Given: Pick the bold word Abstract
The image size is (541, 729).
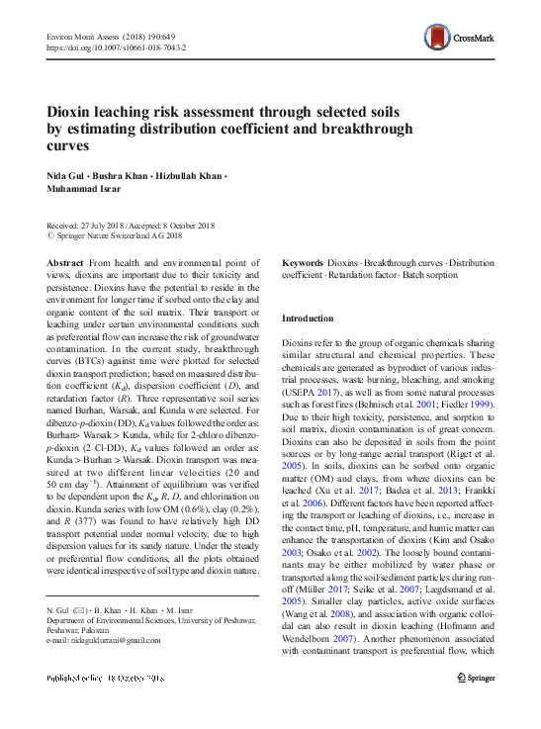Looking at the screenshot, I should point(65,262).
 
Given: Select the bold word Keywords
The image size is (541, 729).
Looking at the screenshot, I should point(303,262).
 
